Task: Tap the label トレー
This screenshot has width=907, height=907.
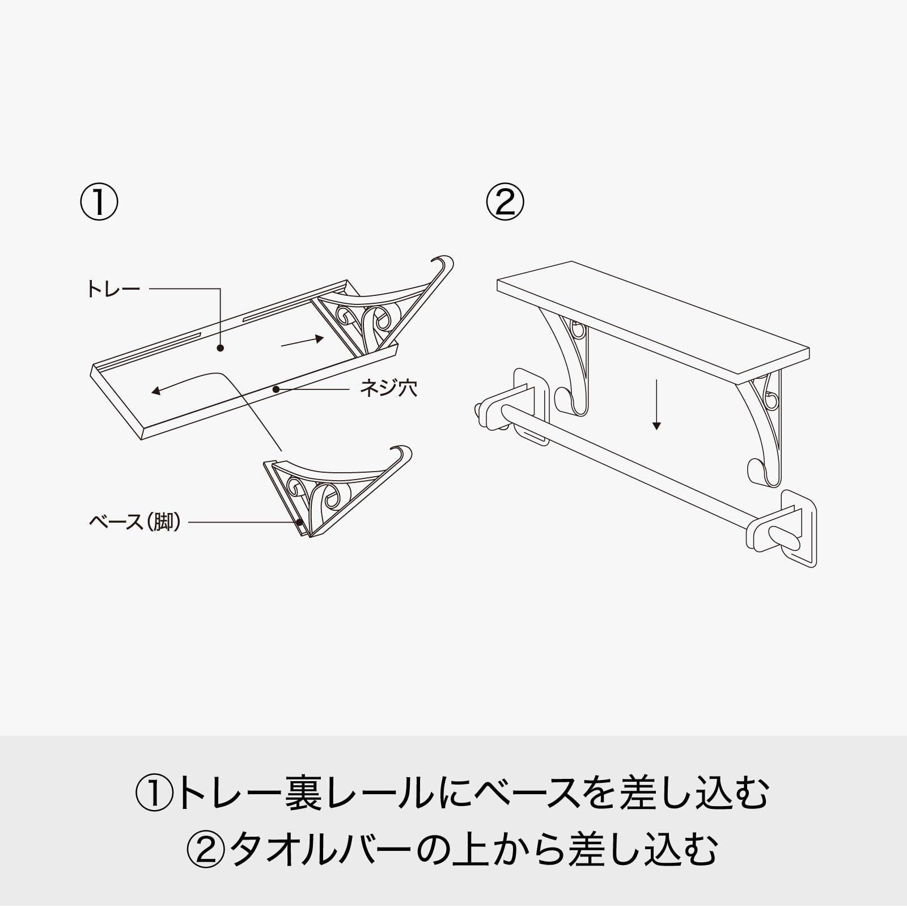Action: click(113, 289)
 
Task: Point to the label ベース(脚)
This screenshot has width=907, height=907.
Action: click(135, 522)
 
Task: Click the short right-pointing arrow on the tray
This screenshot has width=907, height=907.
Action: click(303, 341)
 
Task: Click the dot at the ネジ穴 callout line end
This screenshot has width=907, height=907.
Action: click(276, 389)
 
